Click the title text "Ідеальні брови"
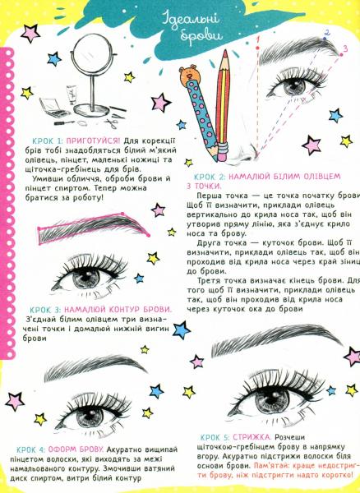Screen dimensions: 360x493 (191, 27)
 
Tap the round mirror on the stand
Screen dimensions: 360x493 (92, 54)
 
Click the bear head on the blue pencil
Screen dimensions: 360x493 (189, 74)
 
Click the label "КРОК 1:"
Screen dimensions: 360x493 (48, 141)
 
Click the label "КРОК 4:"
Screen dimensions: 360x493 (32, 449)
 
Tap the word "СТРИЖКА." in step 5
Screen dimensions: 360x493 (252, 437)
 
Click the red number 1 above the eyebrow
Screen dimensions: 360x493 (257, 40)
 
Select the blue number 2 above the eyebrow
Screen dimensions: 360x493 (326, 33)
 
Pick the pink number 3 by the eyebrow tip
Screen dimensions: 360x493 (345, 48)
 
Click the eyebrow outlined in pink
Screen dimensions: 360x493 (94, 227)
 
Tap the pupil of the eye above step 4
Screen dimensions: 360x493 (89, 415)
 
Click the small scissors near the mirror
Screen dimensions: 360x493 (112, 122)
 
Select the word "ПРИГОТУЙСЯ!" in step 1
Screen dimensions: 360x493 (94, 141)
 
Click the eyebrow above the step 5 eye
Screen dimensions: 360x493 (277, 342)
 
